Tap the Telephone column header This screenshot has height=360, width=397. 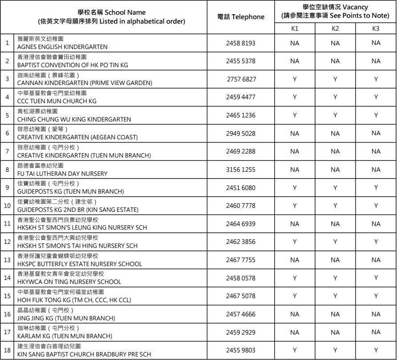tap(241, 17)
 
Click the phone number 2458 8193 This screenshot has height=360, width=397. tap(241, 43)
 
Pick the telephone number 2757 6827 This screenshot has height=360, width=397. tap(241, 79)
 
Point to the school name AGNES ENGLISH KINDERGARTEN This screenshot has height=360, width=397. tap(62, 47)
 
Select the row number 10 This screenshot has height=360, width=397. tap(7, 206)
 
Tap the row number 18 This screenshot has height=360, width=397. tap(7, 350)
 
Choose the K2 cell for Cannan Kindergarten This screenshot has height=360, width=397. tap(335, 79)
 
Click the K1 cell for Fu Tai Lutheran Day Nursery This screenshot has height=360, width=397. tap(295, 170)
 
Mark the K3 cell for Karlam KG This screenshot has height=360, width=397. tap(376, 332)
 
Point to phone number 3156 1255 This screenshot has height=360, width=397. tap(241, 170)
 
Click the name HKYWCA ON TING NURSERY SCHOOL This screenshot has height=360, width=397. tap(69, 282)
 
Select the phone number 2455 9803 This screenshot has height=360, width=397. tap(241, 350)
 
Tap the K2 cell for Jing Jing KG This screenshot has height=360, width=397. tap(335, 314)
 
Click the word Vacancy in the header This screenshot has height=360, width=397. tap(355, 7)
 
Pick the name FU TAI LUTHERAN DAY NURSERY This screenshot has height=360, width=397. tap(62, 174)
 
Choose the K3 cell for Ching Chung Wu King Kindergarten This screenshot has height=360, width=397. tap(376, 115)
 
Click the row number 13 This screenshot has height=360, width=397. tap(7, 260)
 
